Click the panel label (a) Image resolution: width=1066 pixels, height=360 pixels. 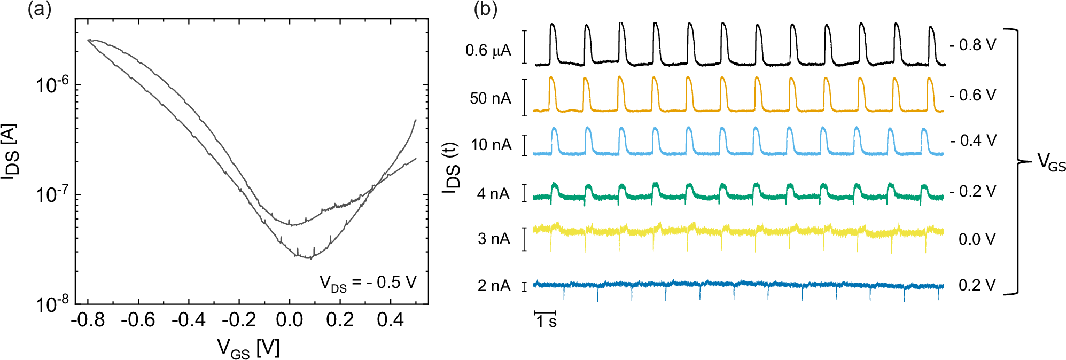point(40,10)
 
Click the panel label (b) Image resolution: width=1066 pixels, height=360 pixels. point(486,10)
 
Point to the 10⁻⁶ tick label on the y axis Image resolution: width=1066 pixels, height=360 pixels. point(52,84)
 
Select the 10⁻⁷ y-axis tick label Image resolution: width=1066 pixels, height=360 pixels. point(52,194)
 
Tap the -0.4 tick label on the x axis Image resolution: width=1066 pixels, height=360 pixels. point(189,320)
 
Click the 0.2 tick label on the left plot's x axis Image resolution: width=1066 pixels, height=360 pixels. point(340,320)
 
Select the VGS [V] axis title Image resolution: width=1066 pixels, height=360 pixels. point(248,349)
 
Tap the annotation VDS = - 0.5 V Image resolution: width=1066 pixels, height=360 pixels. point(368,283)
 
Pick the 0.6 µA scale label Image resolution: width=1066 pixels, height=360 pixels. point(488,51)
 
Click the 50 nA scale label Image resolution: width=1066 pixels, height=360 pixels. point(491,98)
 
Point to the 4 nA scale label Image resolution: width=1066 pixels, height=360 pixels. point(494,194)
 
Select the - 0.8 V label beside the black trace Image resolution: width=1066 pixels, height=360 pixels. point(973,45)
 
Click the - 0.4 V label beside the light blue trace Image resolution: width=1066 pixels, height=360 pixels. point(973,140)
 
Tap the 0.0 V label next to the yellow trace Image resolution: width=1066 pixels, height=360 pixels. point(977,239)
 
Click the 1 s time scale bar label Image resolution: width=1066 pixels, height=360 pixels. point(546,321)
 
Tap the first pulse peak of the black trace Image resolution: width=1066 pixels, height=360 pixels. point(553,25)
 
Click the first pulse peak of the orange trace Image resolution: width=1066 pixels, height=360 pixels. point(552,79)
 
